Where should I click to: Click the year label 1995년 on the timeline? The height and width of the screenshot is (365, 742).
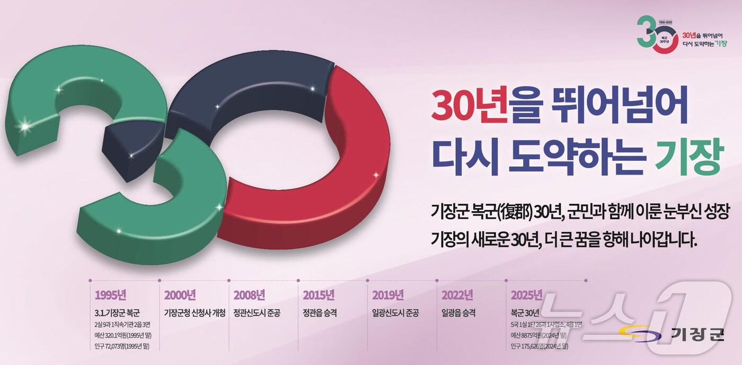110,295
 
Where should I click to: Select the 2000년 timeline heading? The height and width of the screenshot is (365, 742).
180,295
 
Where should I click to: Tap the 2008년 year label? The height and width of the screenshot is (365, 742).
249,295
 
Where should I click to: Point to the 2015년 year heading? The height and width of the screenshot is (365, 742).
319,295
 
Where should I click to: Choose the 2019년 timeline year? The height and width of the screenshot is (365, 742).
388,295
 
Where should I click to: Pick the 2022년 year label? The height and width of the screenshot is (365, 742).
457,295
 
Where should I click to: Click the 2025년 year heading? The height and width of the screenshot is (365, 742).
527,295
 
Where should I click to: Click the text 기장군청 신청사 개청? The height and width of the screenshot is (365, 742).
195,312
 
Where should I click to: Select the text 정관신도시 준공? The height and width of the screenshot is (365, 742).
257,312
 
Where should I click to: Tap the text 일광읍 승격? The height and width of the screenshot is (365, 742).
458,312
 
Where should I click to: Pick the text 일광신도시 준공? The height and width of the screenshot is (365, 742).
395,312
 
